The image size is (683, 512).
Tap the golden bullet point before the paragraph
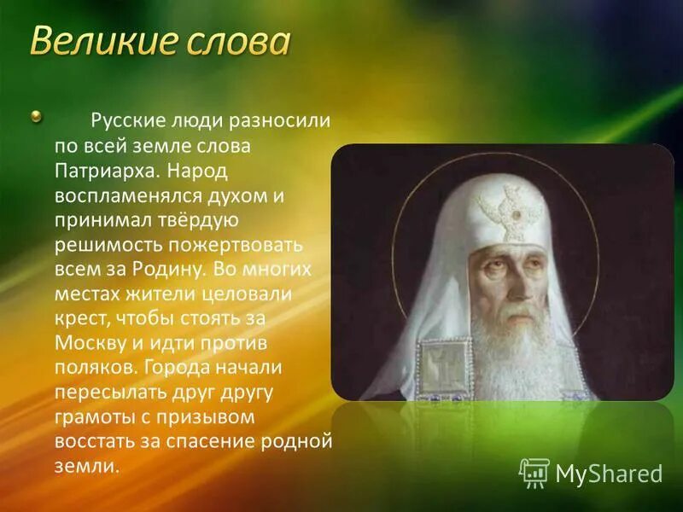[36, 116]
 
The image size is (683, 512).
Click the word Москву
[86, 344]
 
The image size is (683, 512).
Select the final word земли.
[81, 467]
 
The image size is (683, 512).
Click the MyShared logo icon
[534, 472]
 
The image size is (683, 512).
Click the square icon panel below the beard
[445, 367]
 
